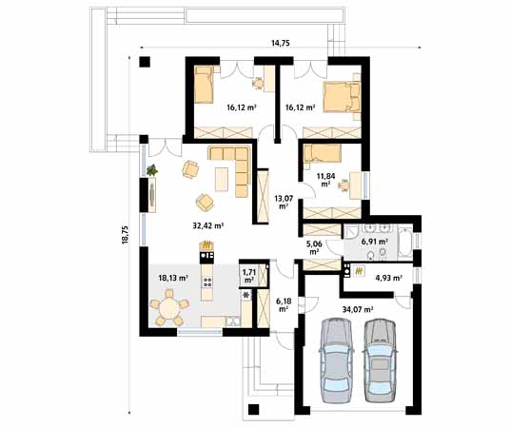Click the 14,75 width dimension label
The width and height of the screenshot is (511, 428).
coord(281,43)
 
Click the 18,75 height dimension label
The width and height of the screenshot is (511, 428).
coord(126,235)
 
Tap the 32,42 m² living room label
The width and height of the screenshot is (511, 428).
coord(207,225)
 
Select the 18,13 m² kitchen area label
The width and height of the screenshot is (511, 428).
coord(173,278)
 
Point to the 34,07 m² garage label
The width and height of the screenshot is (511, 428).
coord(358,309)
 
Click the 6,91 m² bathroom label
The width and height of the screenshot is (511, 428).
coord(375,242)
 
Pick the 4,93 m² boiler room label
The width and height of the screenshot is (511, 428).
coord(388,278)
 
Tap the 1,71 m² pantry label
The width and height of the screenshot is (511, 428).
coord(249,275)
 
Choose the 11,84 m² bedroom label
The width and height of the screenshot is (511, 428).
coord(324,180)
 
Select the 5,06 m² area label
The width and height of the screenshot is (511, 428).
coord(314,247)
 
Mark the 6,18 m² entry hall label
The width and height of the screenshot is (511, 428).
coord(284,305)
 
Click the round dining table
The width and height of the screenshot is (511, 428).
coord(169,309)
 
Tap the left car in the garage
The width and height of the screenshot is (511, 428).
coord(336,360)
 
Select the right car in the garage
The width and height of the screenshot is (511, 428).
coord(380,360)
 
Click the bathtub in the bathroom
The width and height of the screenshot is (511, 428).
coord(405,242)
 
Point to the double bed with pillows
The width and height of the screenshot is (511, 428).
coord(342,97)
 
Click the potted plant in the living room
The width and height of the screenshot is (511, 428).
coord(152,170)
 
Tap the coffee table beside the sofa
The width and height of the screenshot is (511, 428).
coord(222,179)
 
